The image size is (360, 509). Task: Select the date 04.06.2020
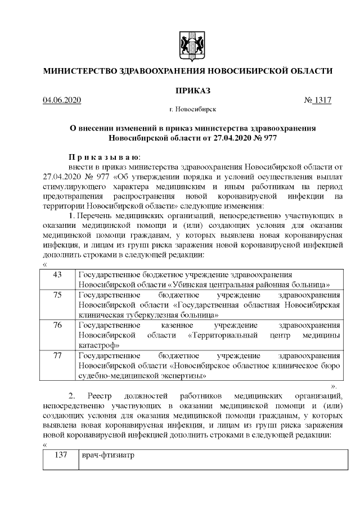tap(62, 101)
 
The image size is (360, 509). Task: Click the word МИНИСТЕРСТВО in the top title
tap(78, 71)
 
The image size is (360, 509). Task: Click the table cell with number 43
tap(57, 274)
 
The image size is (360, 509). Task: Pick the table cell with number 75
tap(57, 295)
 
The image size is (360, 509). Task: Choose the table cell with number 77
tap(57, 355)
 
